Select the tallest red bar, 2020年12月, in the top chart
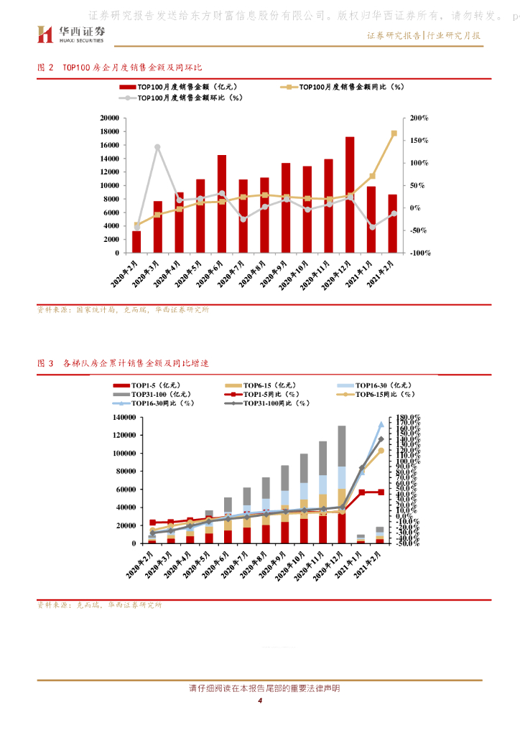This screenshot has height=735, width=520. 350,195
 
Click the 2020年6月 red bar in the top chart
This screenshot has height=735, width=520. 221,204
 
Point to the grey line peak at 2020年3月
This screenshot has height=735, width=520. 157,147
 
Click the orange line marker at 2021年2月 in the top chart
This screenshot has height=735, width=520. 394,133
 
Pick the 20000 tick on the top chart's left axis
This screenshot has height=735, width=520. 109,118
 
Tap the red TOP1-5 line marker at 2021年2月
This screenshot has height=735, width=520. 381,492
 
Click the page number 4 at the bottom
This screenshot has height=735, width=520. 260,701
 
